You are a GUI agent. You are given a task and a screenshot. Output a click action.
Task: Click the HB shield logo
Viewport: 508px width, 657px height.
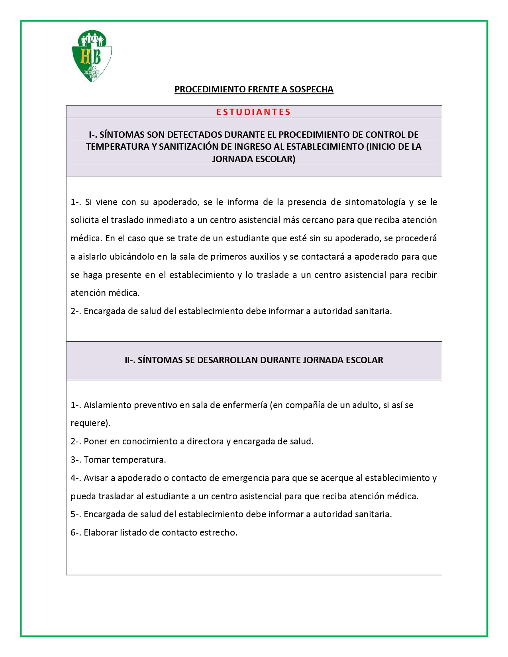tap(92, 56)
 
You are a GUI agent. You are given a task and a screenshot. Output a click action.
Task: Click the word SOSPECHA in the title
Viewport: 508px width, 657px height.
tap(311, 89)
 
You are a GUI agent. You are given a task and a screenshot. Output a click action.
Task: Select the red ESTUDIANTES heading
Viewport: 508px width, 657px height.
tap(253, 112)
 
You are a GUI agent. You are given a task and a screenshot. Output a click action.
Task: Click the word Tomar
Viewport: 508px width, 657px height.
tap(97, 460)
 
